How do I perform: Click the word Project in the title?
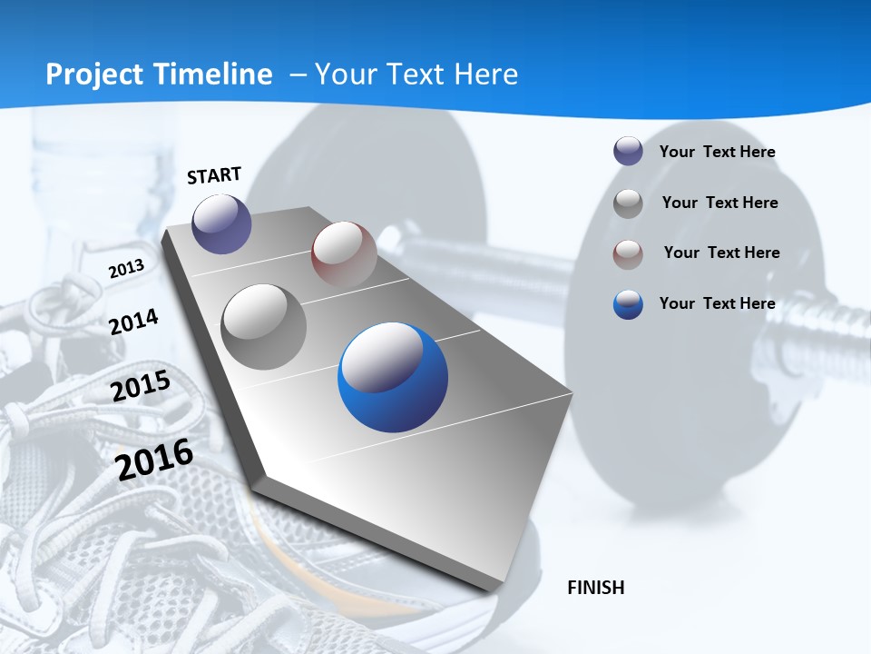[92, 74]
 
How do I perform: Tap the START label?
[214, 175]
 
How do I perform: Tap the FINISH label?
[596, 588]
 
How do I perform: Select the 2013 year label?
[126, 269]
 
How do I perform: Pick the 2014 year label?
[133, 322]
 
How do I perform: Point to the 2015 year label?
[141, 386]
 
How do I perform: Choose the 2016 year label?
[154, 459]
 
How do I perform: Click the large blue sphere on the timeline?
[393, 377]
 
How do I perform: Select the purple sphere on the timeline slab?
[221, 223]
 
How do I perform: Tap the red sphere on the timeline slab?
[344, 253]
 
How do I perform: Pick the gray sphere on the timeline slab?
[264, 326]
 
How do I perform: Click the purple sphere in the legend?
[628, 152]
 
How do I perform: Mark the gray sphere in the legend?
[628, 203]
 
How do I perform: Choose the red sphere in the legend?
[628, 254]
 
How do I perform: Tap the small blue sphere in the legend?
[628, 304]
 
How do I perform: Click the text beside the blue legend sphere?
[717, 303]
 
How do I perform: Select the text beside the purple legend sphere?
[717, 152]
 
